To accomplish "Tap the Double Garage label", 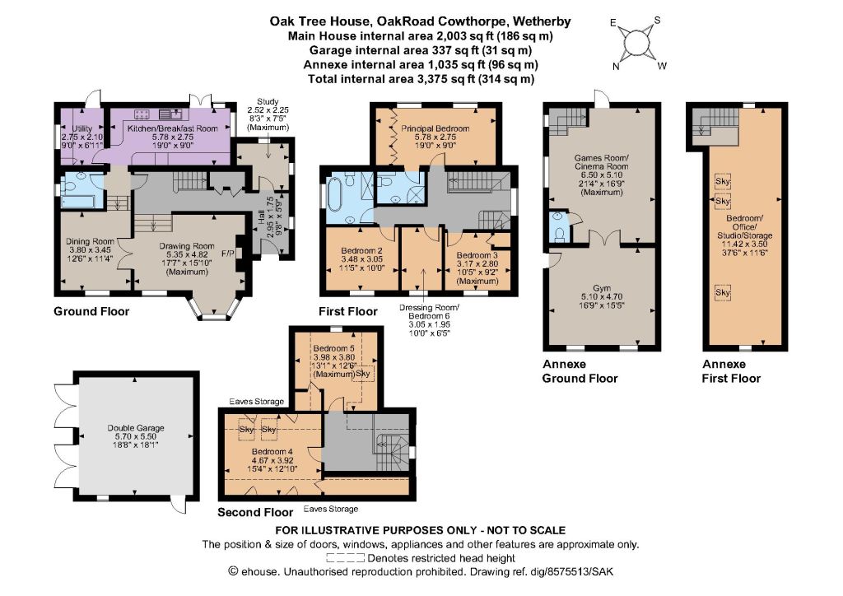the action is (x=136, y=436).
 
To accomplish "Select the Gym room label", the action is (x=602, y=296).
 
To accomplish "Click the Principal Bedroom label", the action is (x=435, y=137).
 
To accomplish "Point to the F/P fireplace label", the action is (x=227, y=253).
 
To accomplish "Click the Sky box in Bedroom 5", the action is (x=363, y=374).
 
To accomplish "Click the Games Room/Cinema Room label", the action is (x=602, y=175).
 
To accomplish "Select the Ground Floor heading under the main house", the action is (x=91, y=312).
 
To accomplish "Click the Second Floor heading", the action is (x=255, y=512).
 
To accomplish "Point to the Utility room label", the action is (x=82, y=137).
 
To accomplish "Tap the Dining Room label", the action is (x=90, y=250).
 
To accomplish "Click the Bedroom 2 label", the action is (x=362, y=259).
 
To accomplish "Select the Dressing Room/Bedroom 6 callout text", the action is (x=429, y=320).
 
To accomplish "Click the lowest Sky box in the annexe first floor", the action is (x=723, y=292).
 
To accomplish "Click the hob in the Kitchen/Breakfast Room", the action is (x=142, y=114).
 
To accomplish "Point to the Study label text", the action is (x=268, y=114).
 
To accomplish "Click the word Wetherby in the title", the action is (x=542, y=21).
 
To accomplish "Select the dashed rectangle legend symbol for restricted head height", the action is (x=345, y=558).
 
